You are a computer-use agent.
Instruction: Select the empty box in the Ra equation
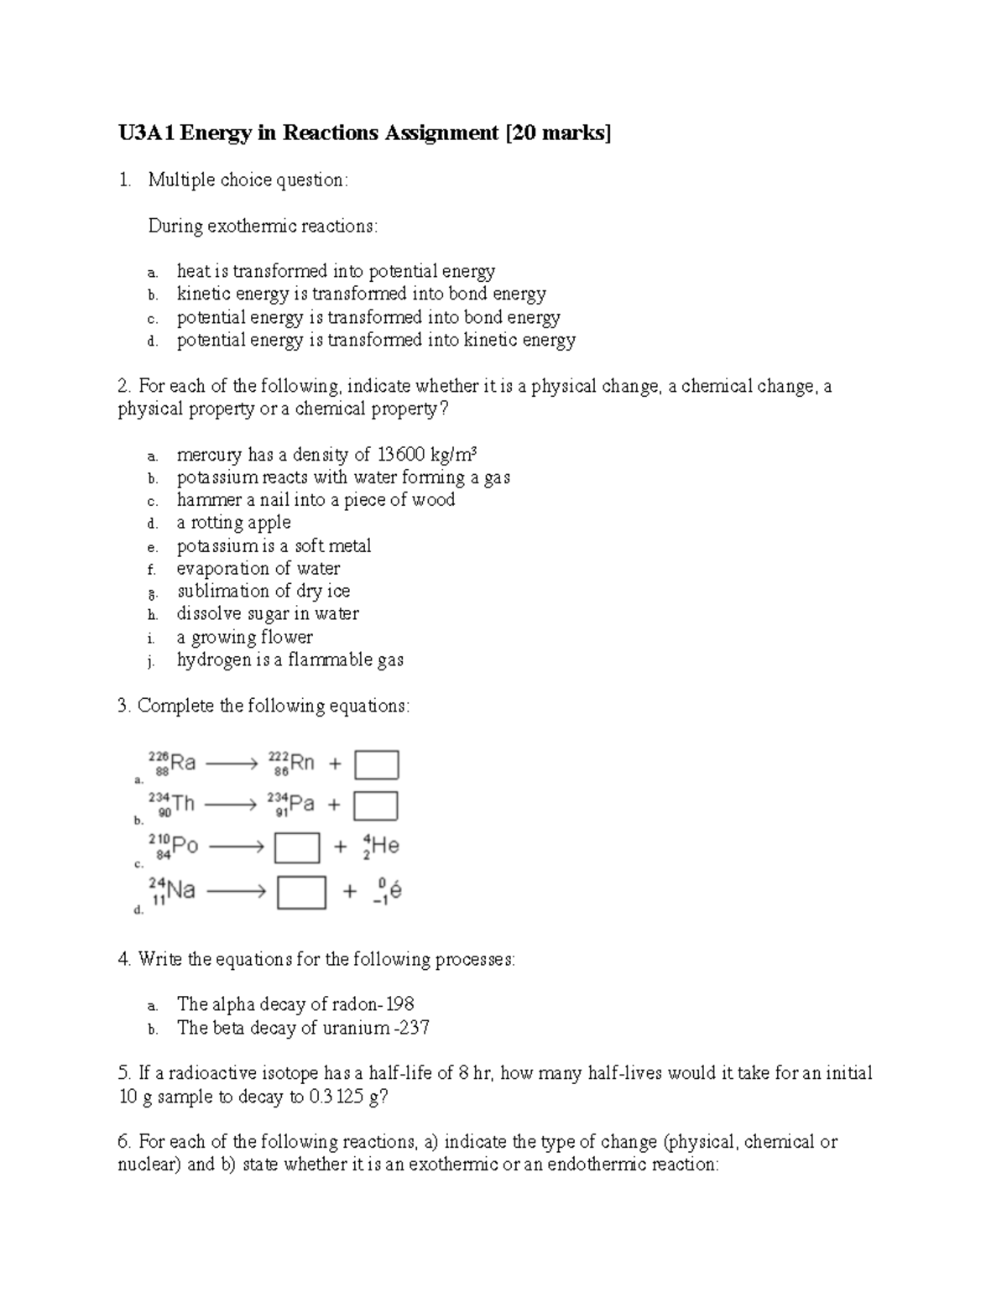pyautogui.click(x=376, y=764)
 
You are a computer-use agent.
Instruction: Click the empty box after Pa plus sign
pyautogui.click(x=375, y=806)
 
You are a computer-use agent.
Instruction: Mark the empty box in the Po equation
pyautogui.click(x=297, y=847)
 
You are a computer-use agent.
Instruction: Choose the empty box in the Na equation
pyautogui.click(x=301, y=892)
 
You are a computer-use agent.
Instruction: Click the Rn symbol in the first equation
pyautogui.click(x=301, y=763)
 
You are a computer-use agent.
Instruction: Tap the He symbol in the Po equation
pyautogui.click(x=385, y=846)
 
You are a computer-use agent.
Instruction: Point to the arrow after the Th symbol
pyautogui.click(x=230, y=805)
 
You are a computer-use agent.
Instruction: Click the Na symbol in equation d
pyautogui.click(x=181, y=889)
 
